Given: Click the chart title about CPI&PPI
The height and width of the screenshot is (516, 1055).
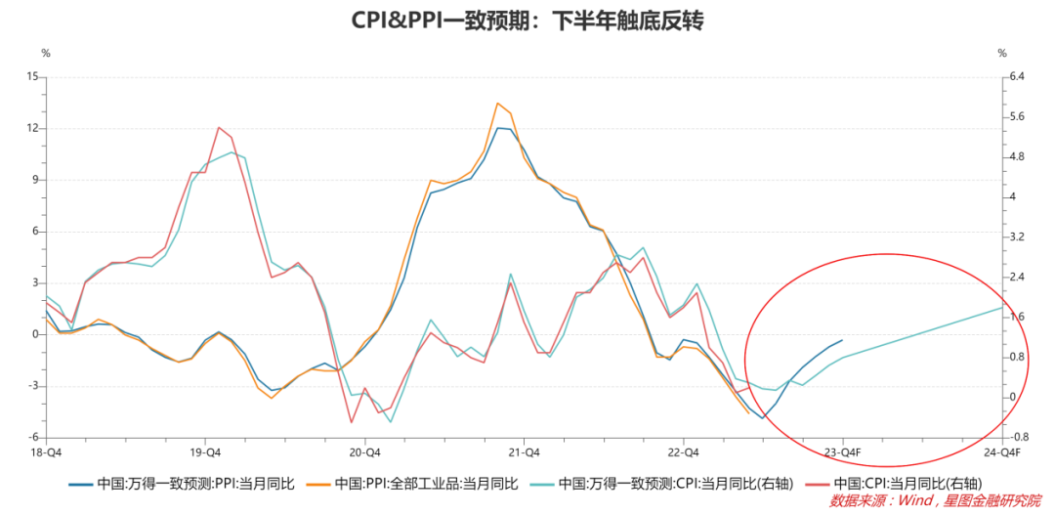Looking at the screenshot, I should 527,21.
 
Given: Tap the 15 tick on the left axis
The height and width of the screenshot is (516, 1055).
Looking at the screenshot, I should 32,76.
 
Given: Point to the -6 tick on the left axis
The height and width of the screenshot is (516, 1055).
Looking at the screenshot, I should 32,437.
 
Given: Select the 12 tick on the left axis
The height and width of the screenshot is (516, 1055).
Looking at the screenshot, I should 32,128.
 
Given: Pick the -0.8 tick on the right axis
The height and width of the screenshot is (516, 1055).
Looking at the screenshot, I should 1020,437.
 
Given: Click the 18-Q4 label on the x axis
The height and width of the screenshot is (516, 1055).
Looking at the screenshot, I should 46,451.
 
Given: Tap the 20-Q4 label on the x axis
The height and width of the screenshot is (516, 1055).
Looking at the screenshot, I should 364,451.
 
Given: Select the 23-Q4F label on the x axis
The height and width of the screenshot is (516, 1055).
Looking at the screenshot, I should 842,451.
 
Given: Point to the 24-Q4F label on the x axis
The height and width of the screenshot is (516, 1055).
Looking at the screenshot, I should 1002,451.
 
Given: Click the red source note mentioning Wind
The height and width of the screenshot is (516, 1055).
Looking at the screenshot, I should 935,500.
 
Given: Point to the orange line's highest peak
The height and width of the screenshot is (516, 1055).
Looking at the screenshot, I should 497,103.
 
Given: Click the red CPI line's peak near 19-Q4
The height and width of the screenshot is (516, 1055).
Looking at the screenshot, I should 218,127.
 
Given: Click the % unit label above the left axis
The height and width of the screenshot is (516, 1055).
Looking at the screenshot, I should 45,53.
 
